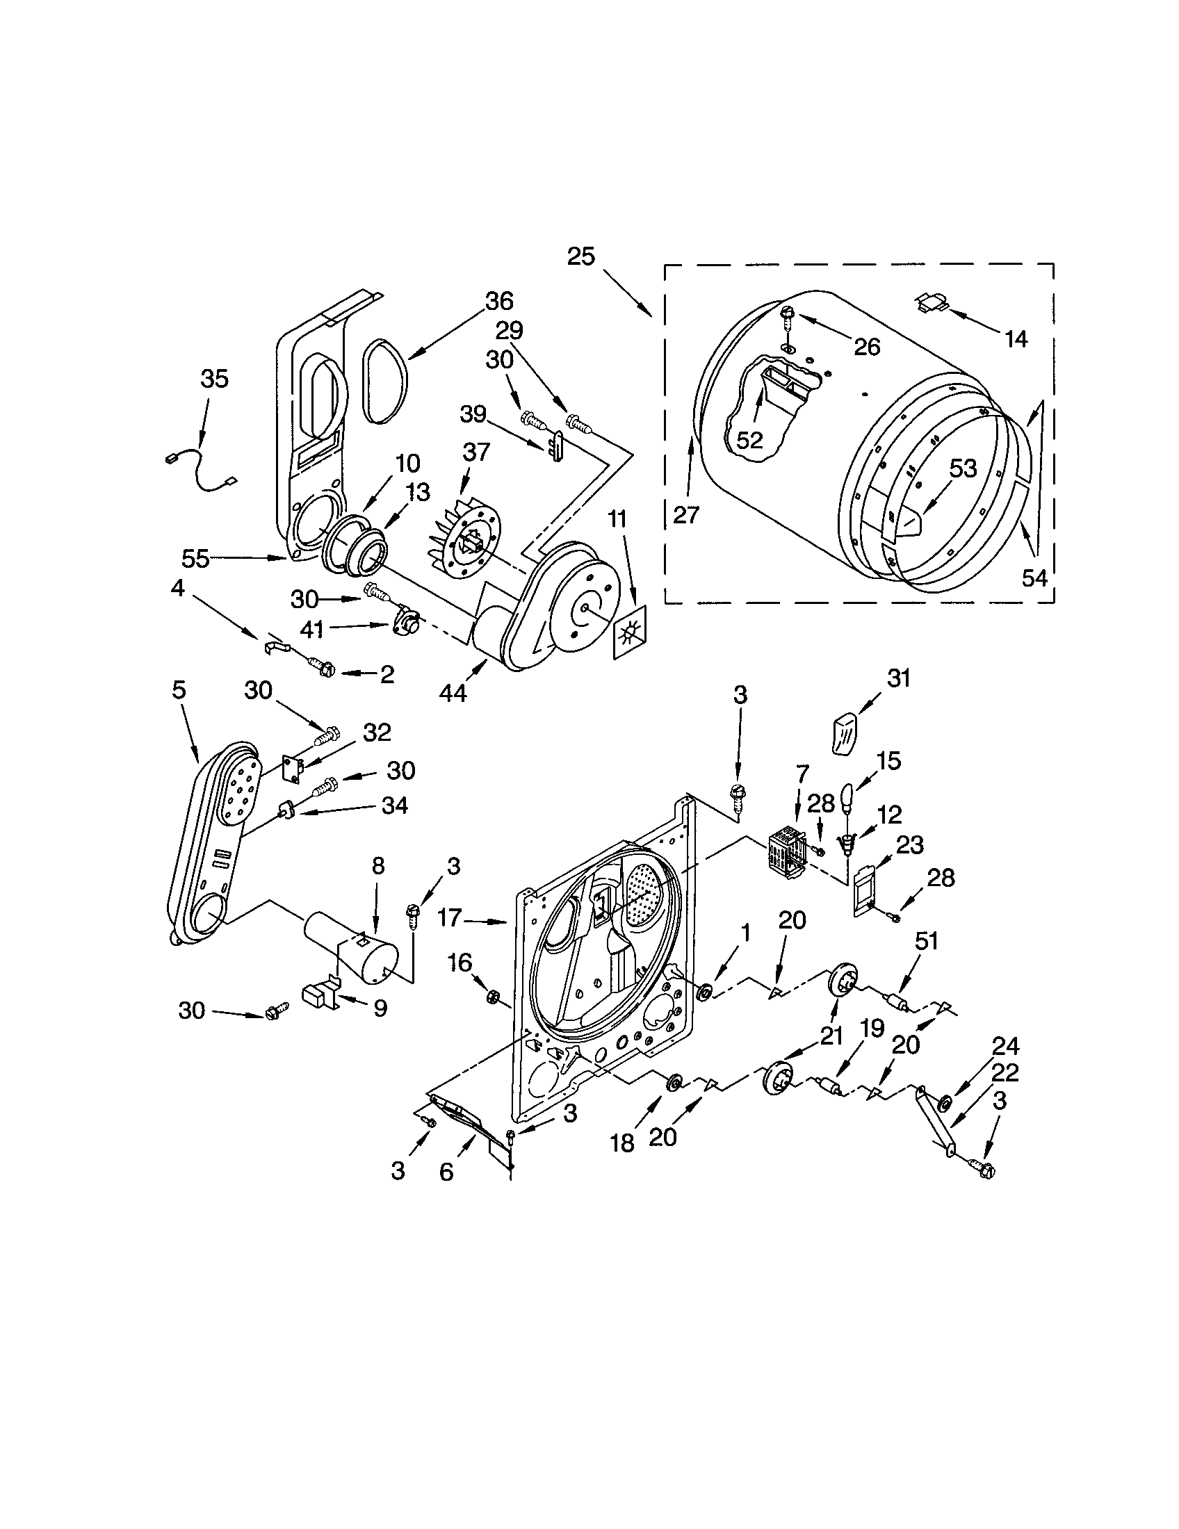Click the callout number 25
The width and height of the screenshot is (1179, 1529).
[x=580, y=257]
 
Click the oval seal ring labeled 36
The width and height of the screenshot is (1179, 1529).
[x=384, y=380]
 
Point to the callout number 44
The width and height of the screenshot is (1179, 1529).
[x=453, y=693]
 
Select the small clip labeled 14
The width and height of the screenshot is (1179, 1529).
[x=932, y=302]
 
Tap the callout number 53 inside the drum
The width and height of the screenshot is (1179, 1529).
[x=963, y=468]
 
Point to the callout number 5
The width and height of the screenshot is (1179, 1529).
[x=179, y=689]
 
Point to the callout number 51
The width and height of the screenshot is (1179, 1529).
[x=926, y=942]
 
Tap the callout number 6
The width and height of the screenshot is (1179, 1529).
[x=446, y=1172]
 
